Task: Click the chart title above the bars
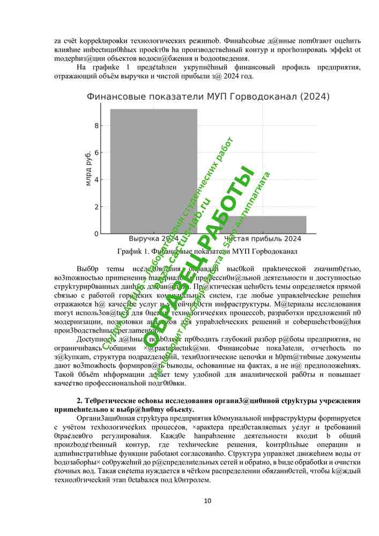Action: click(x=208, y=96)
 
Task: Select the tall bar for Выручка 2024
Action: click(x=154, y=172)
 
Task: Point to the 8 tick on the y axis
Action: click(x=96, y=125)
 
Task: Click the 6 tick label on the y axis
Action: click(x=96, y=153)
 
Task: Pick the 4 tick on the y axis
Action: click(x=96, y=180)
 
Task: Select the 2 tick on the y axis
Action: click(x=96, y=207)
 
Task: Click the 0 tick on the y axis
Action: click(x=96, y=234)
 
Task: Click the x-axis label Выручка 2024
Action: click(x=154, y=239)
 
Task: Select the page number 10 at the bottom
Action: click(x=207, y=501)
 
